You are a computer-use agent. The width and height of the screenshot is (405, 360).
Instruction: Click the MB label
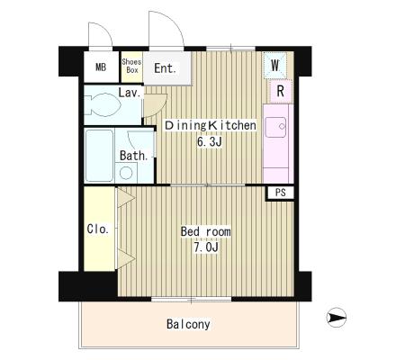coord(101,67)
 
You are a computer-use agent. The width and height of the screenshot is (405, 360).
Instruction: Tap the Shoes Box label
coord(131,66)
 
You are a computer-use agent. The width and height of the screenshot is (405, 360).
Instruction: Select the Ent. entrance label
coord(165,68)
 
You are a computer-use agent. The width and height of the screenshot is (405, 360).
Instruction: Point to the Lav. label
coord(130,93)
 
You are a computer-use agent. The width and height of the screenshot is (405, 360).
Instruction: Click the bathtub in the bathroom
coord(99,156)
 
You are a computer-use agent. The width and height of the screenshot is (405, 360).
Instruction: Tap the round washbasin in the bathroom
coord(126,173)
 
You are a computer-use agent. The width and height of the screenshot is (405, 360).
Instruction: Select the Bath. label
coord(134,156)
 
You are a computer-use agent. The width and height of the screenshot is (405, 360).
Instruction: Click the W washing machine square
coord(275,65)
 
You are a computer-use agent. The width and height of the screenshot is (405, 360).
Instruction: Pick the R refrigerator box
coord(281,91)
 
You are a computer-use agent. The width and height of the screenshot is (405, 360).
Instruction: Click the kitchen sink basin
coord(275,127)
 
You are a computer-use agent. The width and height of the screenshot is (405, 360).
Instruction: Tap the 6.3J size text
coord(210,141)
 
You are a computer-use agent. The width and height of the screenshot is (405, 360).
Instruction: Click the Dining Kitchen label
coord(211,125)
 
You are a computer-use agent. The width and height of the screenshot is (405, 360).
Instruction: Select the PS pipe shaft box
coord(280,193)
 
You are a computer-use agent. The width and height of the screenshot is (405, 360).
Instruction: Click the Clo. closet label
coord(98,229)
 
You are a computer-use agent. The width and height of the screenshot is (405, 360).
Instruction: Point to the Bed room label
coord(206,231)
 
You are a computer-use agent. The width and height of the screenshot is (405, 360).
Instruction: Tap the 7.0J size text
coord(206,247)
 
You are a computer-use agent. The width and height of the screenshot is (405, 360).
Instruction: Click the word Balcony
coord(188,324)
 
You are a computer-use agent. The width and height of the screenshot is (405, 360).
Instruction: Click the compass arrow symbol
coord(337,318)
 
